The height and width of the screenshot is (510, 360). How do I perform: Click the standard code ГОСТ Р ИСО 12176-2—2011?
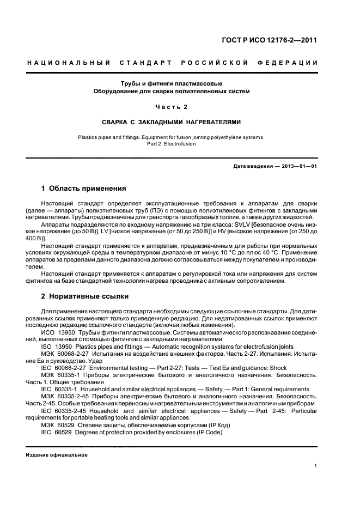277,40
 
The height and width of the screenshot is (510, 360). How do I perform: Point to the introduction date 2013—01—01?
298,165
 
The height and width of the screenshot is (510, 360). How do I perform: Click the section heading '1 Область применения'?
84,189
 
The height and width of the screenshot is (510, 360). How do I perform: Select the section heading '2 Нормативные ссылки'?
85,297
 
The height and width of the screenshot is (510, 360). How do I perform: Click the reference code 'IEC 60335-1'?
60,389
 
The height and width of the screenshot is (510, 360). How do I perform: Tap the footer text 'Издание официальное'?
57,455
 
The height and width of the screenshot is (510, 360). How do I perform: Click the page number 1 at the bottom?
316,466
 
